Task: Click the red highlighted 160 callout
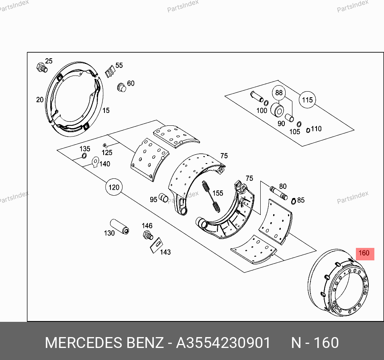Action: (x=365, y=254)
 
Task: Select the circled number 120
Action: (x=114, y=187)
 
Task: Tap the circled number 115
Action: (x=307, y=100)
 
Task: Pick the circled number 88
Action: (x=279, y=93)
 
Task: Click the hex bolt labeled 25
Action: (x=42, y=67)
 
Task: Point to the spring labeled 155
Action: (x=211, y=196)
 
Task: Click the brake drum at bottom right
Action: (x=338, y=282)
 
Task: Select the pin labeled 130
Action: (x=119, y=227)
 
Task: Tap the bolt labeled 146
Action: (x=148, y=235)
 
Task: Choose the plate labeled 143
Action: (x=157, y=245)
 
